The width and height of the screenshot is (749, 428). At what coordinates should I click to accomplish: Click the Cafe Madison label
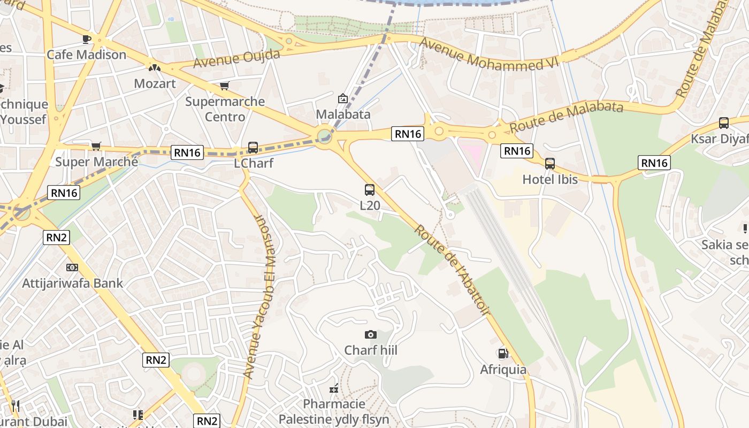point(86,55)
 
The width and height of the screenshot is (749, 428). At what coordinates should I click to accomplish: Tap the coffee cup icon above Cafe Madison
point(86,39)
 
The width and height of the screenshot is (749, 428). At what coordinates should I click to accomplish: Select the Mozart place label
point(155,83)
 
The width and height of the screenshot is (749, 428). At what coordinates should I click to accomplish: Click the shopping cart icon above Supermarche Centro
point(225,86)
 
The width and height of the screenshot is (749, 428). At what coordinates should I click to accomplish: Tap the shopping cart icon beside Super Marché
point(96,146)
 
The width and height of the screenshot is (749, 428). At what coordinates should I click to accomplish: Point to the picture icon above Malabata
point(343,98)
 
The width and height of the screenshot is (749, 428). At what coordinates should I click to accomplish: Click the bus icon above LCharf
point(253,148)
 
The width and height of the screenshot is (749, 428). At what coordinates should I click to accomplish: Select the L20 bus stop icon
point(370,189)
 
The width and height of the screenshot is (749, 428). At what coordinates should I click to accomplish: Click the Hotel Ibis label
point(550,179)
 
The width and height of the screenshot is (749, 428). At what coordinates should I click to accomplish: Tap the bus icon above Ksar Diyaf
point(724,123)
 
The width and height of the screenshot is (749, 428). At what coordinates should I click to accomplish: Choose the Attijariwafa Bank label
point(72,283)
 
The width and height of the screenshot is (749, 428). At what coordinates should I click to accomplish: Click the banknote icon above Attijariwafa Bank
point(72,267)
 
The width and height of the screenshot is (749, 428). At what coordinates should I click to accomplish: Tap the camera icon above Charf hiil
point(370,335)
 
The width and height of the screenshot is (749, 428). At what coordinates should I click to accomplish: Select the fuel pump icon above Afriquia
point(503,354)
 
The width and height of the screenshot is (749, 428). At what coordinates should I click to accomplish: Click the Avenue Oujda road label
point(236,58)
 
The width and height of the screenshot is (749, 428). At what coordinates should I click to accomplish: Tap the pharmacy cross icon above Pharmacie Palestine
point(334,388)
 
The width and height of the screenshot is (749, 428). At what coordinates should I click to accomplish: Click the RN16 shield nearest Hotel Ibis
point(517,151)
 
